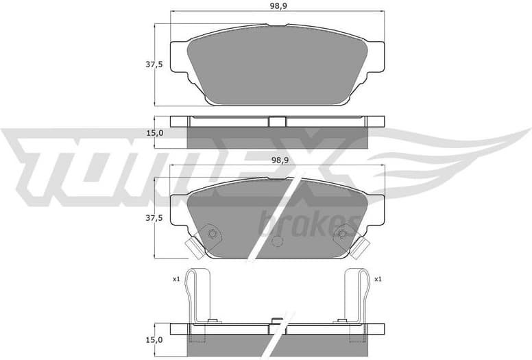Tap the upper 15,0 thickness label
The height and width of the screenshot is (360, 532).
tap(155, 133)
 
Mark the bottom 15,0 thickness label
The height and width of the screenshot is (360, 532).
tap(155, 339)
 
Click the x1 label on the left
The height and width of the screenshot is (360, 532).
tap(176, 279)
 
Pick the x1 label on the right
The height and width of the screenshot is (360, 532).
tap(378, 279)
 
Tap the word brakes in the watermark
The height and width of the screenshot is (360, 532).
tap(308, 222)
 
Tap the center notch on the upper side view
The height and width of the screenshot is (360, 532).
tap(276, 121)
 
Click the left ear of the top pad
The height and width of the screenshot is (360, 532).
tap(178, 58)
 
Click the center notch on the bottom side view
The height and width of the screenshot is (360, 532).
tap(277, 321)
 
